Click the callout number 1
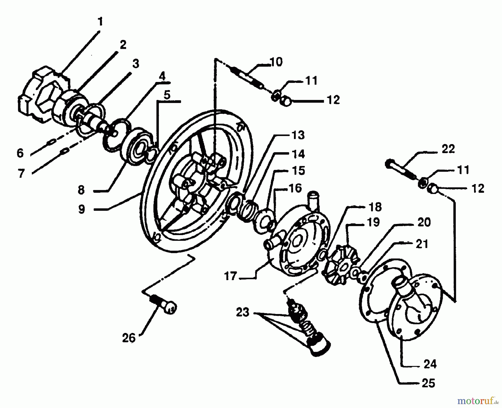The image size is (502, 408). pyautogui.click(x=100, y=22)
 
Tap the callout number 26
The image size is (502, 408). pyautogui.click(x=129, y=338)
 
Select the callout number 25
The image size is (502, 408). pyautogui.click(x=428, y=383)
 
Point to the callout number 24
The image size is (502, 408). pyautogui.click(x=430, y=364)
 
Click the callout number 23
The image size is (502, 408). pyautogui.click(x=242, y=312)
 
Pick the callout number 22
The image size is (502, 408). pyautogui.click(x=448, y=149)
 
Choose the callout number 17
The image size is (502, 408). pyautogui.click(x=230, y=277)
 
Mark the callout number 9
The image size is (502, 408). pyautogui.click(x=81, y=209)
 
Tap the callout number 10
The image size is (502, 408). pyautogui.click(x=276, y=62)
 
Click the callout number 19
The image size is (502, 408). pyautogui.click(x=374, y=222)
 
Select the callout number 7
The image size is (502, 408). pyautogui.click(x=21, y=173)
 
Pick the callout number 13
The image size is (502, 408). pyautogui.click(x=298, y=135)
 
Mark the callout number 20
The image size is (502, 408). pyautogui.click(x=424, y=222)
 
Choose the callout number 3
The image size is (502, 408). pyautogui.click(x=136, y=64)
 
